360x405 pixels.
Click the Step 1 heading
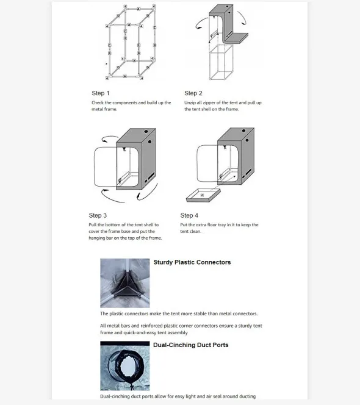tap(101, 93)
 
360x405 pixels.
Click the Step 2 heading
tap(193, 93)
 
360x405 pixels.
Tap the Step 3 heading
tap(98, 215)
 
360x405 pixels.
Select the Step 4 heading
tap(189, 215)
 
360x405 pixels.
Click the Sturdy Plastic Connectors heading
tap(192, 262)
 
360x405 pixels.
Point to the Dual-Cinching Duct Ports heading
tap(190, 345)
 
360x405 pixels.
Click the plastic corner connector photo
tap(124, 282)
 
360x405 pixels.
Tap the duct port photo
tap(124, 365)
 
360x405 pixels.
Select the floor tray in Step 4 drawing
tap(201, 195)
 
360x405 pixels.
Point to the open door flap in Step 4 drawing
tap(206, 163)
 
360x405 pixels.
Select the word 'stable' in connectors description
tap(203, 314)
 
